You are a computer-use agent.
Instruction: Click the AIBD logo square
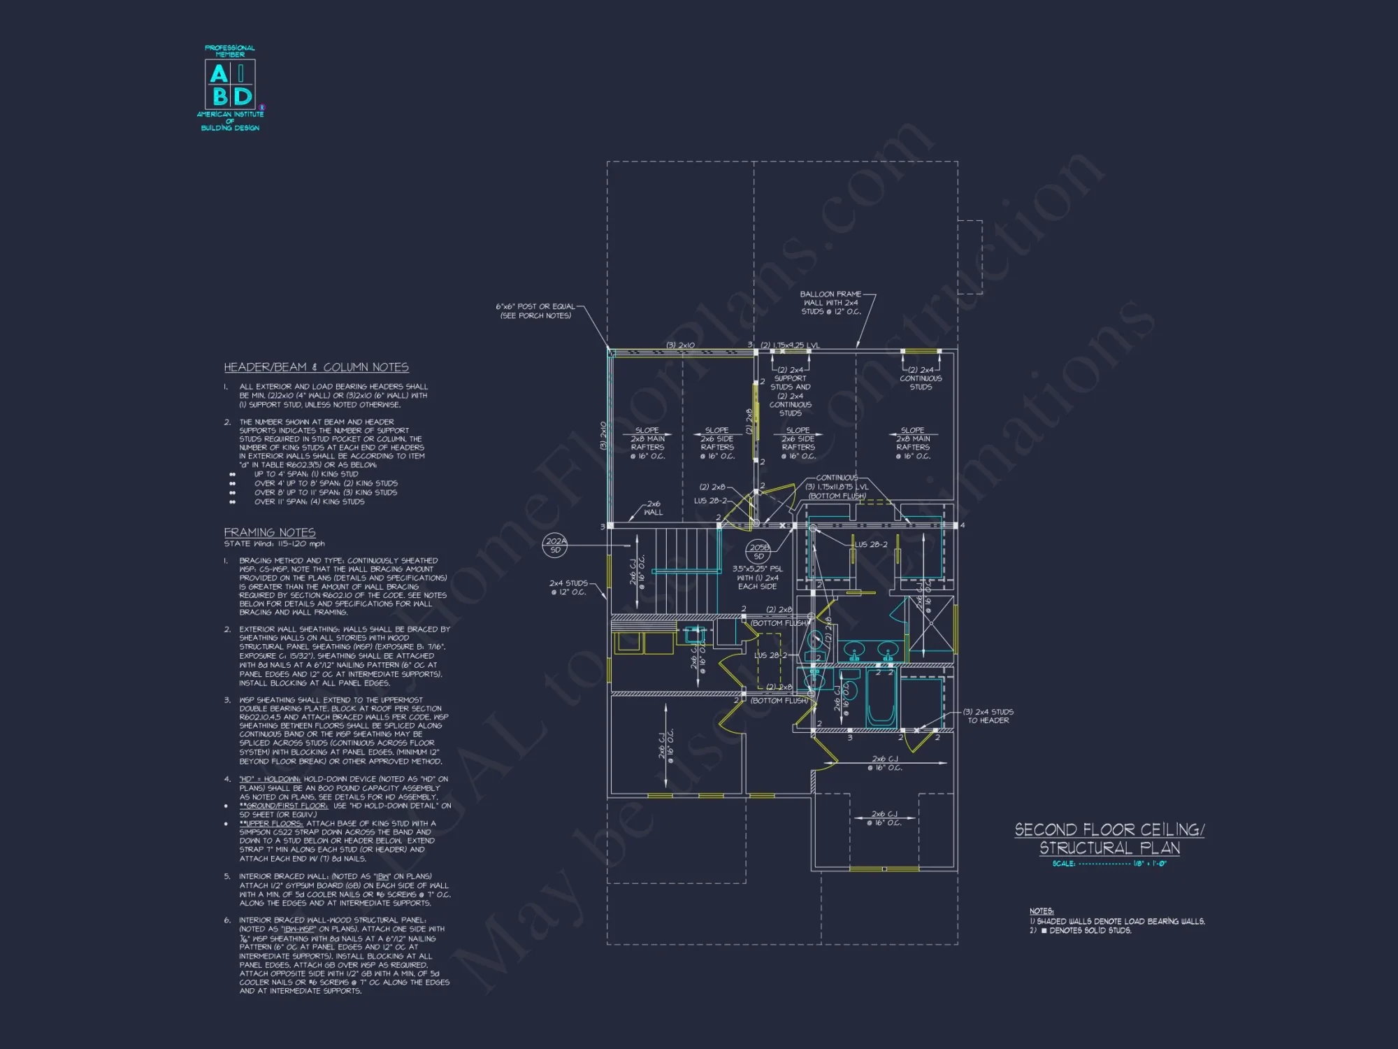click(229, 83)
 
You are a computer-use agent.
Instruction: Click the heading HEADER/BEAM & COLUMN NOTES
click(316, 367)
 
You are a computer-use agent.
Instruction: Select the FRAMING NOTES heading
click(269, 533)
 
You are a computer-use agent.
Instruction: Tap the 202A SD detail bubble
click(556, 545)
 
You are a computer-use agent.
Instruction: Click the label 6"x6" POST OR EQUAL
click(535, 306)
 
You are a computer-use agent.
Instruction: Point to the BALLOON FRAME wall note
click(830, 303)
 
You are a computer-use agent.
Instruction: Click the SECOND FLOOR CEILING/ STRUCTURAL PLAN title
click(1109, 839)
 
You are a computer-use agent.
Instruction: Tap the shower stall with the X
click(930, 627)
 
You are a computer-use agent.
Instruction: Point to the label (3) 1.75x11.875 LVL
click(837, 487)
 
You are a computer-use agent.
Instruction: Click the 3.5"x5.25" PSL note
click(758, 569)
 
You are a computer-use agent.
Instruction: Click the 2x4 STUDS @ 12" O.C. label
click(568, 587)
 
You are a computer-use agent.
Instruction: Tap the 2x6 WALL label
click(654, 508)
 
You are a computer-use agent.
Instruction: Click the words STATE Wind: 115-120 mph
click(275, 544)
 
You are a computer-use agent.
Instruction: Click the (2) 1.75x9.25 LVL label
click(790, 345)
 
